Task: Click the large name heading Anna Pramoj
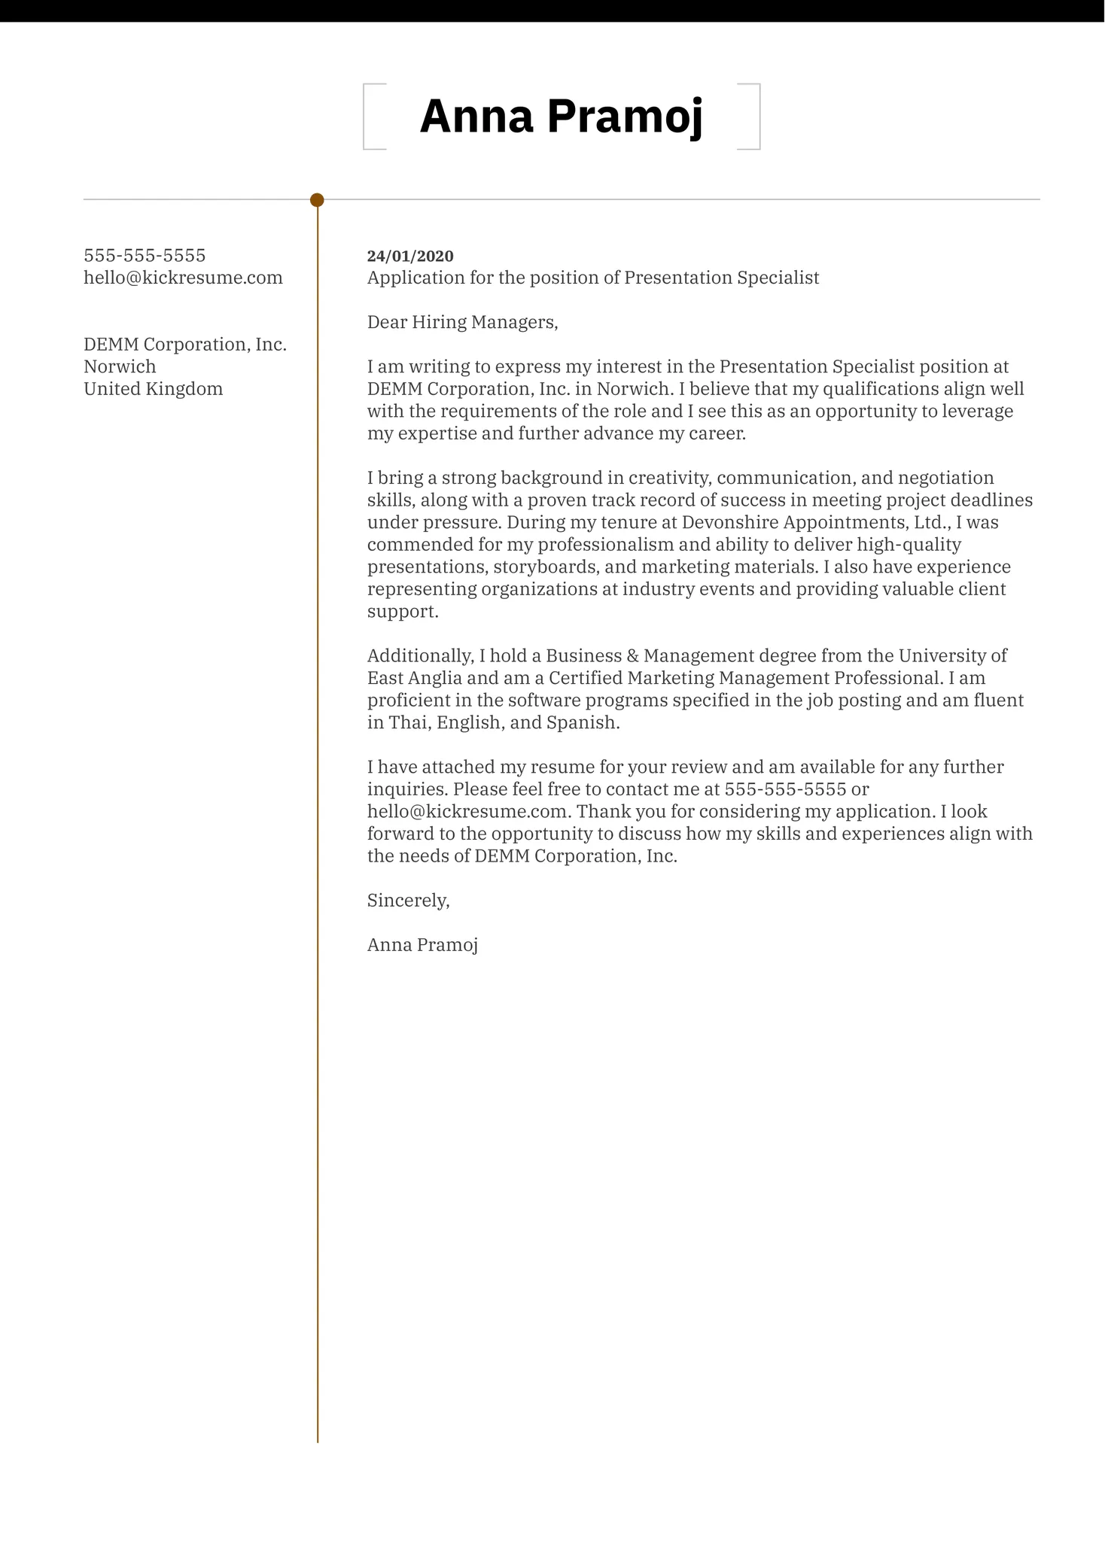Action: coord(561,117)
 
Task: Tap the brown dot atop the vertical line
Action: coord(317,200)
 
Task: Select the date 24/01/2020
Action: coord(410,256)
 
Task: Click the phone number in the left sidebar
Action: coord(145,256)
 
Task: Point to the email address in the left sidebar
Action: coord(183,278)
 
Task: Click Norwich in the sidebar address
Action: coord(120,366)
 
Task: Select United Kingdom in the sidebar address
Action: coord(153,389)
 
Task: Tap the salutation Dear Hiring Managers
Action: coord(462,323)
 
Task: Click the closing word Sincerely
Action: coord(408,901)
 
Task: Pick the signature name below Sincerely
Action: coord(422,945)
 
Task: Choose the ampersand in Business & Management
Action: coord(632,656)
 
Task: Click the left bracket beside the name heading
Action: coord(365,117)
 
